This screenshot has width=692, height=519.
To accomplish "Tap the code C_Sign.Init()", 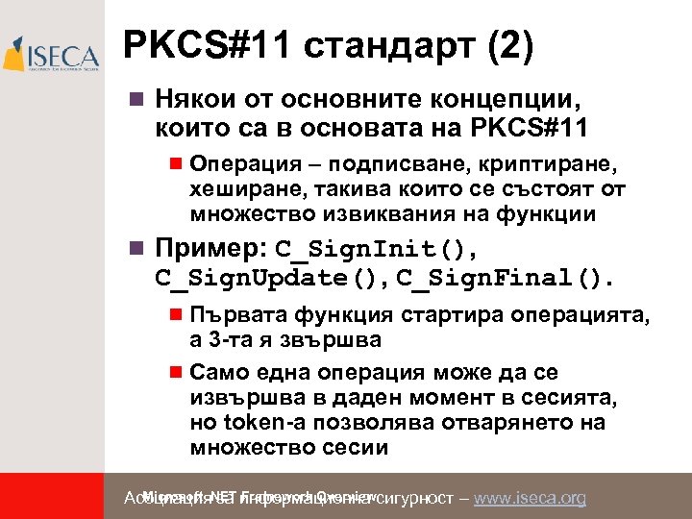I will click(376, 250).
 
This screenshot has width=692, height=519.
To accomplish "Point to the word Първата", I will click(231, 316).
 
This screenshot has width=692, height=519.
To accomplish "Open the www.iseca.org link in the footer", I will click(530, 498).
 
